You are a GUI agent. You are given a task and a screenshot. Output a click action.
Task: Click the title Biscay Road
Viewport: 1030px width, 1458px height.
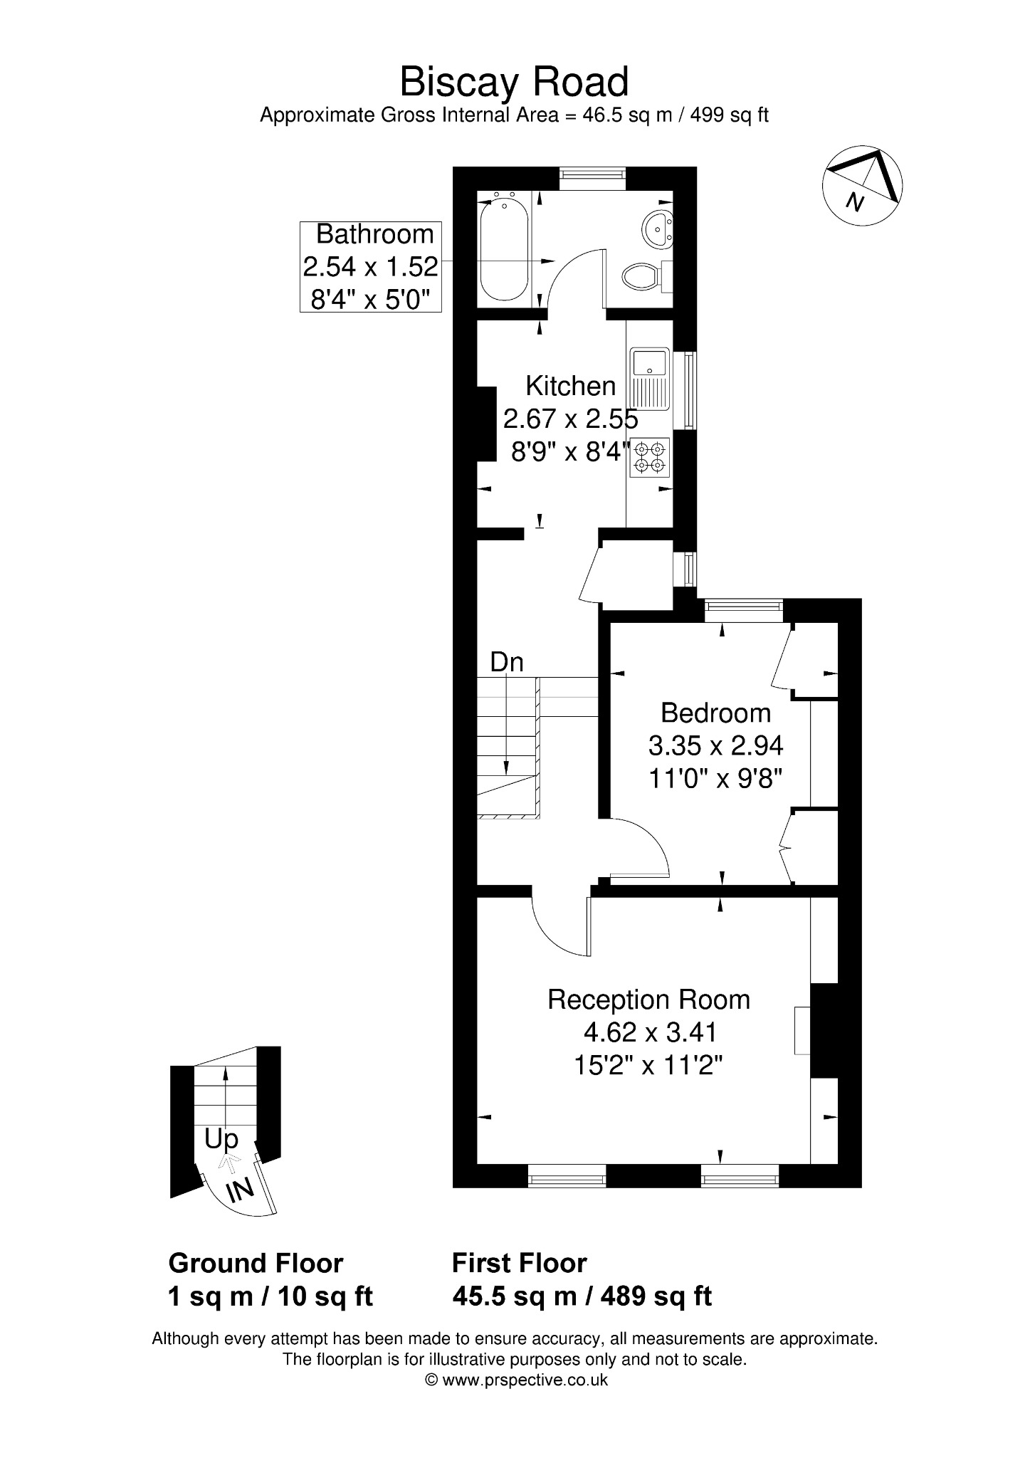coord(514,82)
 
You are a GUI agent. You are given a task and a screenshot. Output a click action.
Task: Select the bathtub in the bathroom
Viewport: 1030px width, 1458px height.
coord(505,250)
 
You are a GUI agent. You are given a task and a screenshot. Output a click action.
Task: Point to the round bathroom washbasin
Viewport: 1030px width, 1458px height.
coord(658,228)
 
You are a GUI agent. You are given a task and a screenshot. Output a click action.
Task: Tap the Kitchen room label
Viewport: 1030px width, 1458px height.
coord(570,386)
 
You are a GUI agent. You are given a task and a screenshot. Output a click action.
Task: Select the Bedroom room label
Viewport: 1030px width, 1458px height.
coord(715,713)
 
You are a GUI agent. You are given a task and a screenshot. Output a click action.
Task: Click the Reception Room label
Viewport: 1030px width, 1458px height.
coord(648,1000)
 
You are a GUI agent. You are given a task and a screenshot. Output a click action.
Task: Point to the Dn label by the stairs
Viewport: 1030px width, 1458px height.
coord(507,662)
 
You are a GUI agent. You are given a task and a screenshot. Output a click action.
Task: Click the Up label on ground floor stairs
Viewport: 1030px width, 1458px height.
coord(221,1140)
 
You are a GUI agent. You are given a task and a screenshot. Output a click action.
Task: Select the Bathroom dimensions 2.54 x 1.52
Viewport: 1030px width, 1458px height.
coord(370,267)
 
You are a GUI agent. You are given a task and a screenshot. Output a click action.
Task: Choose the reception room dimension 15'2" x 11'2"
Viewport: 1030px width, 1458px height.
coord(648,1065)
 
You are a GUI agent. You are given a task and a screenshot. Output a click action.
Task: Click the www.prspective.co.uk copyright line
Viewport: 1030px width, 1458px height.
coord(516,1380)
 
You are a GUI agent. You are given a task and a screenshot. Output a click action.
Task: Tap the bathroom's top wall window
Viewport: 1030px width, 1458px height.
coord(592,178)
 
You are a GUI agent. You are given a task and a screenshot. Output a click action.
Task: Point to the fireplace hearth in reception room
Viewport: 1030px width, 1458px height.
coord(803,1030)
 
